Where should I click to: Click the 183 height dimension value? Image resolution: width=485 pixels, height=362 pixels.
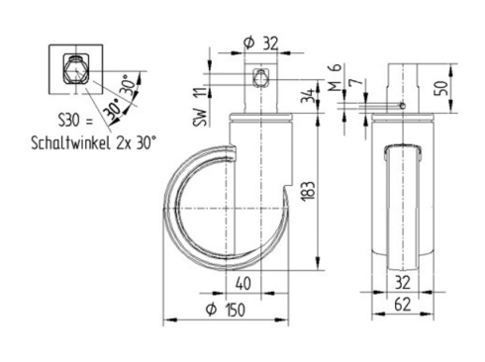coord(309,191)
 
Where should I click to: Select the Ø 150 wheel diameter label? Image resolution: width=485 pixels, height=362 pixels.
coord(226,310)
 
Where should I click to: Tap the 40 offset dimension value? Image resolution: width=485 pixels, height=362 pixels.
coord(243,284)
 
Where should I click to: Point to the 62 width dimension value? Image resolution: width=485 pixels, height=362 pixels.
coord(403,304)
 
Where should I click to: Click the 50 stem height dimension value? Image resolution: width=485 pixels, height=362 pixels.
coord(442,87)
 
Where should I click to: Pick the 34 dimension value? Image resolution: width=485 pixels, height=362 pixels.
coord(308,95)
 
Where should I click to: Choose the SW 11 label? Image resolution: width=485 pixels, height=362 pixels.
coord(200,107)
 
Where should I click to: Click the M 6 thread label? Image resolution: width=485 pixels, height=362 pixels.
coord(335,78)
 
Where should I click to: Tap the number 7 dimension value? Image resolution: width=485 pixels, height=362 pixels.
coord(356,82)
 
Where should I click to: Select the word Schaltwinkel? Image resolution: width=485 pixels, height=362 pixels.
coord(70,143)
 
